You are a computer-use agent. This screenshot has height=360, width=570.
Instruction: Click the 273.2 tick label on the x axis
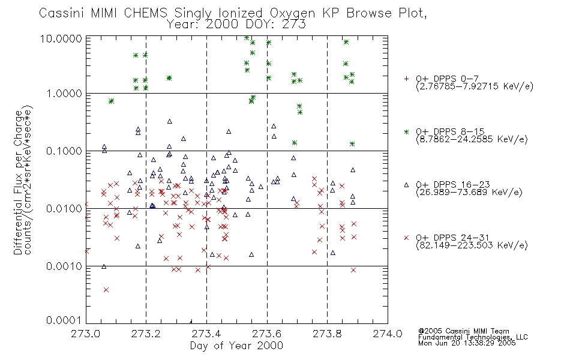tap(146, 334)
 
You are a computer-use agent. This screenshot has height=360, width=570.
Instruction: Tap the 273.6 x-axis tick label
tap(266, 334)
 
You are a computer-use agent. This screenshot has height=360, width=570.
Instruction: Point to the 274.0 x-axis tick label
tap(388, 334)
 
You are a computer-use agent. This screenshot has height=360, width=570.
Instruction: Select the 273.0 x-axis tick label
tap(85, 334)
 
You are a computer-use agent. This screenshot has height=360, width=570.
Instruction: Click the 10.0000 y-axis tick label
tap(61, 38)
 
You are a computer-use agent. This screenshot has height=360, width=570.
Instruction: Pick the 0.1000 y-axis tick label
tap(64, 151)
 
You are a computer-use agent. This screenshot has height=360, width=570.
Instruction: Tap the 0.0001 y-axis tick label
tap(64, 320)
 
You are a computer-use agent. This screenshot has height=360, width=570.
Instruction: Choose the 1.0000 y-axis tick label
tap(64, 94)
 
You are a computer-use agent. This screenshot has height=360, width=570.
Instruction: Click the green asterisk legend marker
tap(406, 132)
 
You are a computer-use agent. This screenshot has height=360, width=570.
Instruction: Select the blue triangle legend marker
tap(406, 185)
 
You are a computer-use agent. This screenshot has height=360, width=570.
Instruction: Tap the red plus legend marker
tap(406, 79)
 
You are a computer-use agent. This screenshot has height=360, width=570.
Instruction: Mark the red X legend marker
tap(406, 238)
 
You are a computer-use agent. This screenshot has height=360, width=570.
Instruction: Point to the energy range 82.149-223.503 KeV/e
tap(472, 245)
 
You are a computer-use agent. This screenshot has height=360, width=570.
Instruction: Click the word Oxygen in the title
tap(292, 13)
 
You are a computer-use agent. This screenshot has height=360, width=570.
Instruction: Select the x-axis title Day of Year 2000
tap(236, 346)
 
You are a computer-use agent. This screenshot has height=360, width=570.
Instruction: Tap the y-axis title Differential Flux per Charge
tap(18, 182)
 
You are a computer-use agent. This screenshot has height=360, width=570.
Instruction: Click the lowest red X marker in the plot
tap(106, 290)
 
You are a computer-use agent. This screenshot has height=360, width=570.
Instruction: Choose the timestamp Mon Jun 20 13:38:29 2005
tap(467, 343)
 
